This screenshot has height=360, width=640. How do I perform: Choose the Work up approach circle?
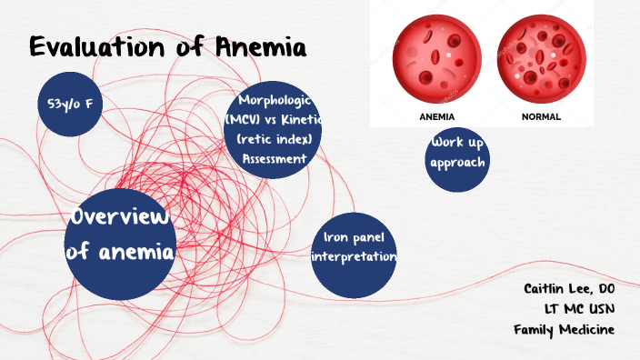[458, 155]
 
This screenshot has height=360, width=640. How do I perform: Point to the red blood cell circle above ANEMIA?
[436, 60]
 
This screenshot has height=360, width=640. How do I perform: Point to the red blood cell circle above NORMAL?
[541, 60]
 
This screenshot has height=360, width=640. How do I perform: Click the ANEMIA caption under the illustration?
[436, 117]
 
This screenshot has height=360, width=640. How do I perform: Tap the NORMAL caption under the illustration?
[541, 117]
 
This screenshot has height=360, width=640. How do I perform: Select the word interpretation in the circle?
[355, 257]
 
